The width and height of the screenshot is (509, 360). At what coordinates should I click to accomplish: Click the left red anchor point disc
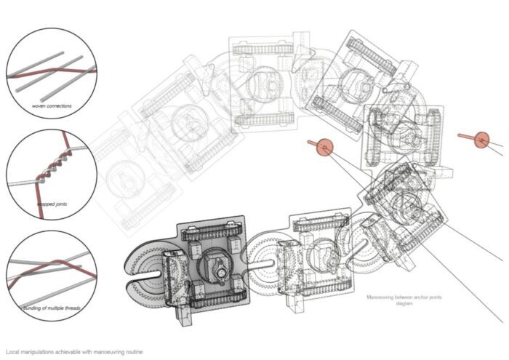[x=324, y=148]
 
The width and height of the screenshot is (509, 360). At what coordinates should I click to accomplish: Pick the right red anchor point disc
[x=481, y=138]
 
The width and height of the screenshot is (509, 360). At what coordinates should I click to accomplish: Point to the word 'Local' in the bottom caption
[x=12, y=351]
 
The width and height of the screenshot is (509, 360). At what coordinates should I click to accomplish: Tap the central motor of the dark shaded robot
[x=216, y=267]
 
